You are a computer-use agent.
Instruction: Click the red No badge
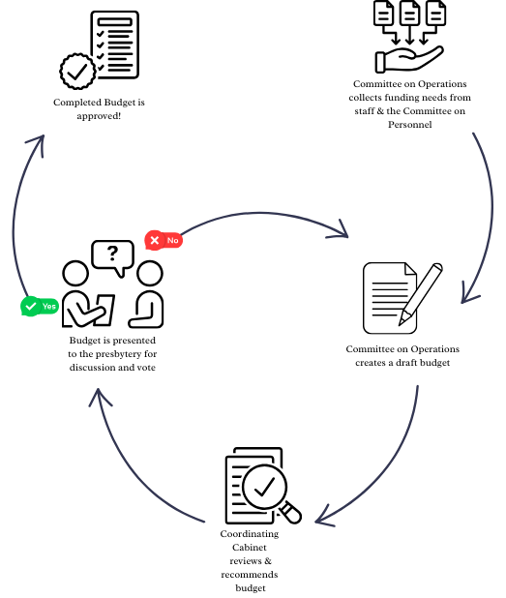[164, 240]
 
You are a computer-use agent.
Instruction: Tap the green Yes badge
[40, 306]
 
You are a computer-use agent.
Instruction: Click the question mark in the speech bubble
[112, 253]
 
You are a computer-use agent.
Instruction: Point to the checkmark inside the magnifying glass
[264, 487]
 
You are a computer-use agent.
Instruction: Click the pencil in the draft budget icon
[421, 294]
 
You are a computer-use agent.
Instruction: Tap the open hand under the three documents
[409, 59]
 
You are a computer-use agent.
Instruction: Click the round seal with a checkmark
[77, 72]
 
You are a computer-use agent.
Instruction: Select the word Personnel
[410, 125]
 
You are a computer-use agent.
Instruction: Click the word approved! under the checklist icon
[99, 116]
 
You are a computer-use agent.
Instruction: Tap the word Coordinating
[250, 534]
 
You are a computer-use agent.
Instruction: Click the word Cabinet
[250, 548]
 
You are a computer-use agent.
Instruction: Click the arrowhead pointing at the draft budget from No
[340, 230]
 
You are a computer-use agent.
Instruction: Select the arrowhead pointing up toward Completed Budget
[37, 144]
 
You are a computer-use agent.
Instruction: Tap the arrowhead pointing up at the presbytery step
[99, 397]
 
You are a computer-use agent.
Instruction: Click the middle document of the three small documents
[410, 13]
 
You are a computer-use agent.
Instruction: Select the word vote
[146, 368]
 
